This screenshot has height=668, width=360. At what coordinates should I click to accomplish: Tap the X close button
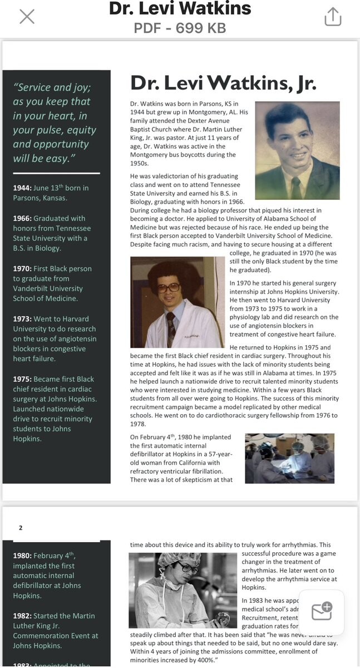click(27, 17)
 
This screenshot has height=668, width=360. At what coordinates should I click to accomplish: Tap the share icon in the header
click(332, 17)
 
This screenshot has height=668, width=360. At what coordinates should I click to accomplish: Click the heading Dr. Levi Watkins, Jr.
click(223, 83)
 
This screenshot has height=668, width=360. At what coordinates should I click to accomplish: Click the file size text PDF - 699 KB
click(180, 28)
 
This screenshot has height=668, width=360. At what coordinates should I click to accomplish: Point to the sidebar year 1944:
click(22, 188)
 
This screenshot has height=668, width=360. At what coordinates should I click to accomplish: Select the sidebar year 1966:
click(22, 218)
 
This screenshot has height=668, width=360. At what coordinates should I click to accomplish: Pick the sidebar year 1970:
click(22, 268)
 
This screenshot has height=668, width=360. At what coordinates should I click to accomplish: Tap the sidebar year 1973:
click(22, 319)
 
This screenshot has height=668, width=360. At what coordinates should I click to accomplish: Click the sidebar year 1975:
click(22, 379)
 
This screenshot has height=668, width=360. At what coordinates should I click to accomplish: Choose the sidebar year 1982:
click(22, 616)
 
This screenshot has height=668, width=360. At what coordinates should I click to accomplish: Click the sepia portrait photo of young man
click(297, 150)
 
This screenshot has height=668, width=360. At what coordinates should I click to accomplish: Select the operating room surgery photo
click(289, 458)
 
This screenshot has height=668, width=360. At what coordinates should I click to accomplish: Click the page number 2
click(21, 528)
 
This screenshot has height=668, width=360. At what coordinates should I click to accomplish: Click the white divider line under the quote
click(56, 173)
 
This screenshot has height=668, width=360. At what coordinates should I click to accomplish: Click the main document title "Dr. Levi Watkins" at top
click(180, 9)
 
